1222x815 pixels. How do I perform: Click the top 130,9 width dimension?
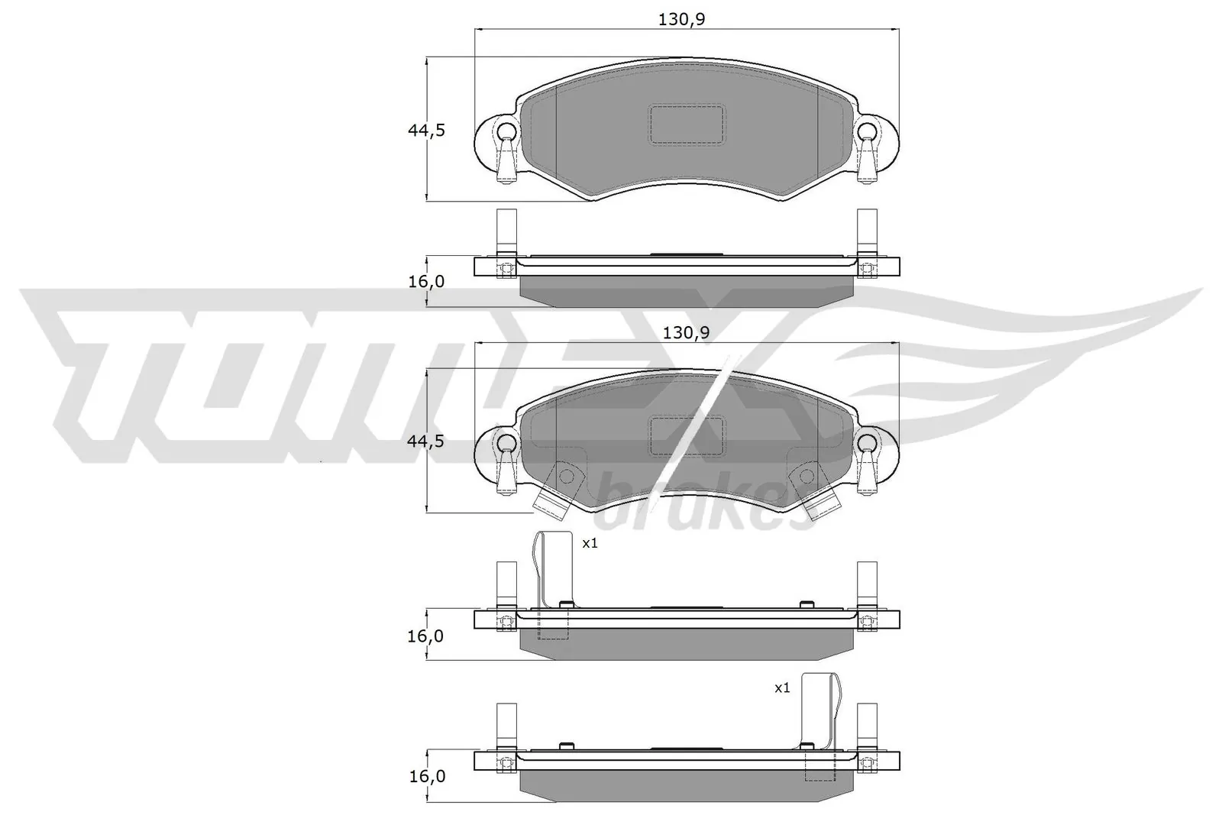(681, 19)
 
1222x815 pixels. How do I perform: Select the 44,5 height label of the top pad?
(425, 130)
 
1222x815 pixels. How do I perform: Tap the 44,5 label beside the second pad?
(425, 441)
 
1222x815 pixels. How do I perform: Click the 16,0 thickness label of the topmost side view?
(426, 281)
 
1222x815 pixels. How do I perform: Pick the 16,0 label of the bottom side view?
(426, 776)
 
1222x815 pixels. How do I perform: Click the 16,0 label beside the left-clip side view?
(426, 636)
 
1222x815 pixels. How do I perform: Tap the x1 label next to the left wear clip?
(590, 544)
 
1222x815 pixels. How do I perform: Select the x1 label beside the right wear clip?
(782, 688)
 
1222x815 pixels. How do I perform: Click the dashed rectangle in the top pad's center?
(686, 124)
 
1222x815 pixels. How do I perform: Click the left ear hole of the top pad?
(505, 131)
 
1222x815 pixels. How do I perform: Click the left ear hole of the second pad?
(505, 443)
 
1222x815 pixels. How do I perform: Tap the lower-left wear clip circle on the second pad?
(566, 477)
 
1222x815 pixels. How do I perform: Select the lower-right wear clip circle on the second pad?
(806, 477)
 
